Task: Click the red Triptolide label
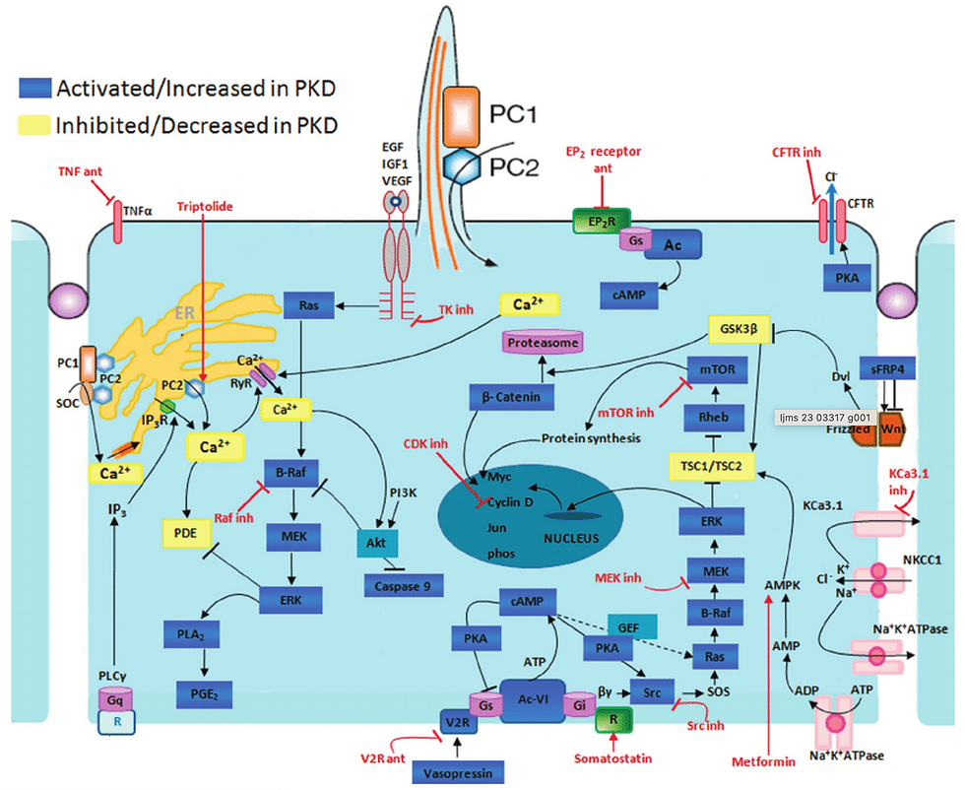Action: pyautogui.click(x=205, y=207)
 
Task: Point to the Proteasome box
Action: pyautogui.click(x=542, y=341)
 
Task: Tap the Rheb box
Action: pyautogui.click(x=712, y=418)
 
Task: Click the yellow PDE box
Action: pyautogui.click(x=186, y=532)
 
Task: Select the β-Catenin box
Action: pyautogui.click(x=511, y=396)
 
